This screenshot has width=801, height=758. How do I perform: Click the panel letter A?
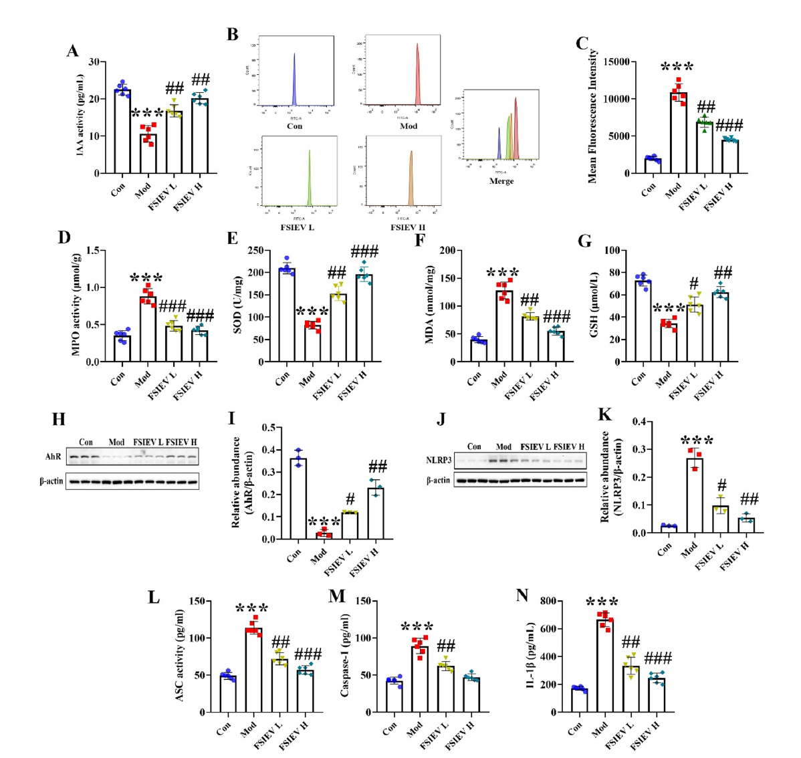[x=72, y=51]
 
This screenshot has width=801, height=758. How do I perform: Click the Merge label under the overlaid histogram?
[x=501, y=181]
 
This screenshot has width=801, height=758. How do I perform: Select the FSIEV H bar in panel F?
[x=555, y=346]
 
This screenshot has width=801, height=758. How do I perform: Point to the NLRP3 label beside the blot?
[x=437, y=460]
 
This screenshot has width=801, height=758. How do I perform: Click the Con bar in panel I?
[x=298, y=498]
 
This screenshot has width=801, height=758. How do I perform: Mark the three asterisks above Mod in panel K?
[x=697, y=440]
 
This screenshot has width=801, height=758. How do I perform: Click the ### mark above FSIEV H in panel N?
[x=658, y=658]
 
